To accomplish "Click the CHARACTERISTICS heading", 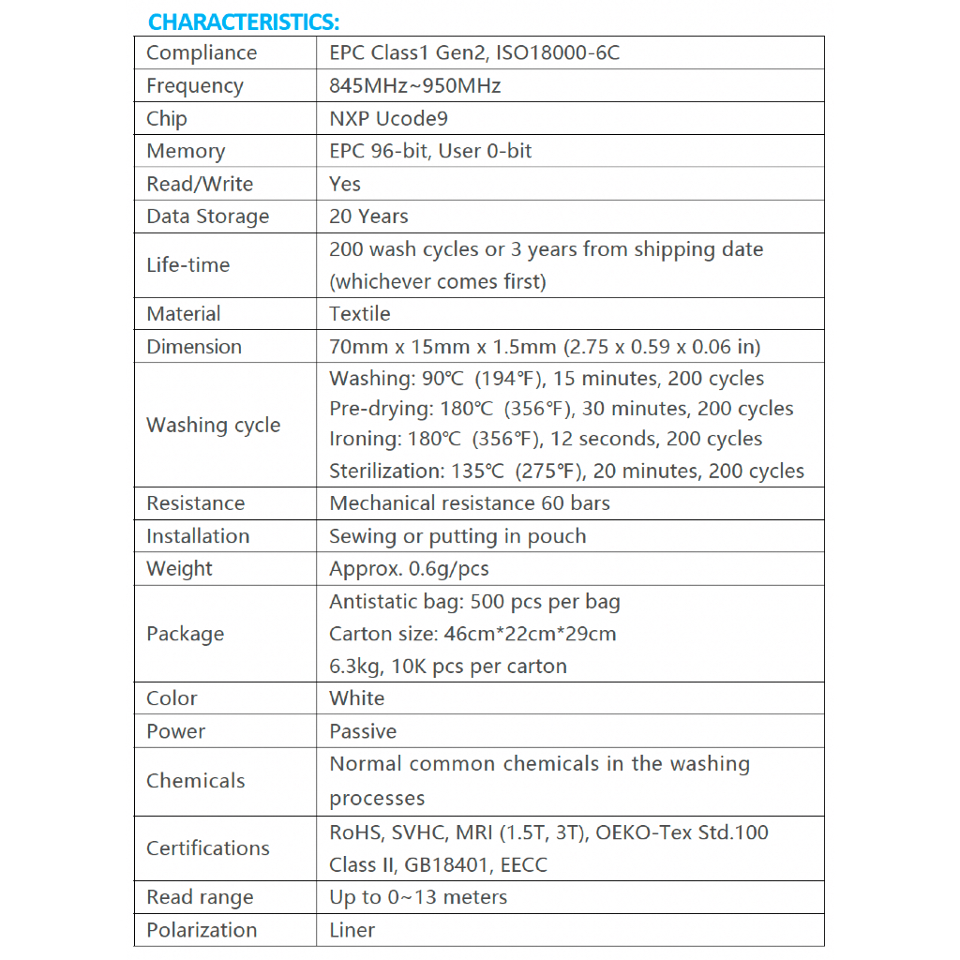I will (x=244, y=21).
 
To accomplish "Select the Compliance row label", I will (x=202, y=52).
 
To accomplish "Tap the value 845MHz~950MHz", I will (x=414, y=85).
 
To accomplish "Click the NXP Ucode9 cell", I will (x=389, y=118).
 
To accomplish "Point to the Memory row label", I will (x=186, y=151).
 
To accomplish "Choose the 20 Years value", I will (x=368, y=217).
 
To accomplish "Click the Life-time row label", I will (x=187, y=265).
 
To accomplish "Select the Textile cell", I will (x=360, y=314).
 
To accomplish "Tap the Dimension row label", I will (x=194, y=347).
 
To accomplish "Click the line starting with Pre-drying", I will (x=561, y=409).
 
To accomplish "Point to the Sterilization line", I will (x=566, y=471).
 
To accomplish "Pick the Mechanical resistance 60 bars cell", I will (x=469, y=503).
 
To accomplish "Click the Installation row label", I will (x=198, y=536).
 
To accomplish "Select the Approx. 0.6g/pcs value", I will (x=409, y=569).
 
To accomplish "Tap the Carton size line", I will (x=472, y=634).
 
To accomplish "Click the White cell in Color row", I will (x=356, y=698).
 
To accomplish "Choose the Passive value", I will (x=363, y=731).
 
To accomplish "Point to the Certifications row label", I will (x=208, y=848).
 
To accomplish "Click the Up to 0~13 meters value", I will (x=418, y=897).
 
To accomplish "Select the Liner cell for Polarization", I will (x=352, y=930).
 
